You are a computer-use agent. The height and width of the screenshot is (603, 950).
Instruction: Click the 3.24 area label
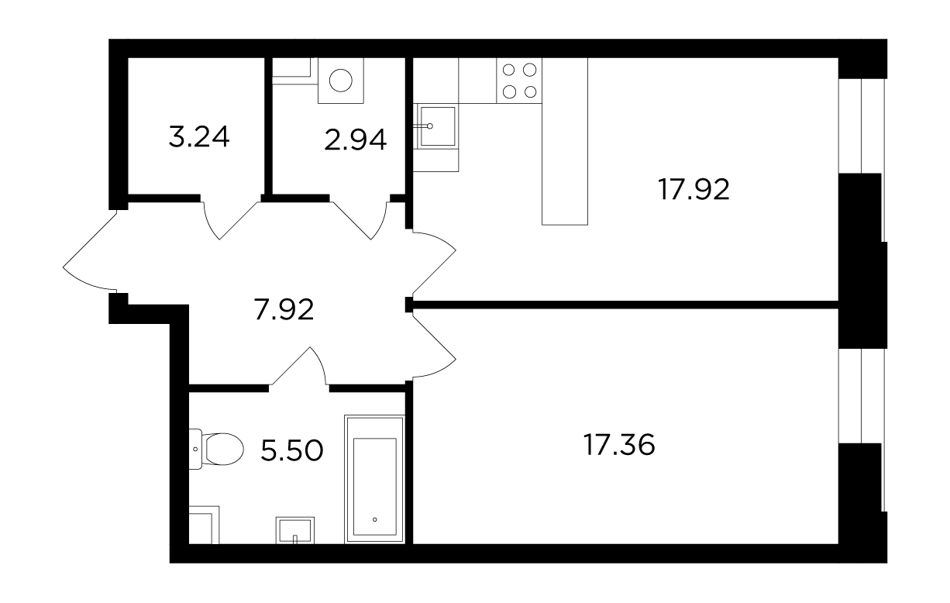tap(199, 136)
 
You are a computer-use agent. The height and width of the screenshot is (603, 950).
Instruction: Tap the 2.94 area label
tap(356, 140)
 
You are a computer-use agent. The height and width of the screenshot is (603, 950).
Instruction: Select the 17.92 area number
tap(694, 189)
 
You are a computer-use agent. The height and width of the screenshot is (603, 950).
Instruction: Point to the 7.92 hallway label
tap(284, 309)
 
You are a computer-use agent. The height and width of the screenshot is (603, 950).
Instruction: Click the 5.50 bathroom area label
tap(292, 450)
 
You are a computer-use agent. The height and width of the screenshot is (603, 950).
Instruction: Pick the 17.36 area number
tap(619, 445)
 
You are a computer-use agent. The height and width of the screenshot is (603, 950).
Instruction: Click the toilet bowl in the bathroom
tap(216, 449)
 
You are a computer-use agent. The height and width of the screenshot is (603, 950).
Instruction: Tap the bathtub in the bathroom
tap(374, 479)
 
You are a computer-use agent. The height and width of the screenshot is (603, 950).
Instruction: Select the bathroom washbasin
tap(294, 530)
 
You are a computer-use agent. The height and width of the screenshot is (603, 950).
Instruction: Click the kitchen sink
tap(437, 126)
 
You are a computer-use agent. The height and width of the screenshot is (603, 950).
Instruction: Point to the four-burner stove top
tap(519, 81)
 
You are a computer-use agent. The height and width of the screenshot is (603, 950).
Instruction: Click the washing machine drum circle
tap(340, 80)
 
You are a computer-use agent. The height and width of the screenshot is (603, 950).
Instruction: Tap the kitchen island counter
tap(564, 141)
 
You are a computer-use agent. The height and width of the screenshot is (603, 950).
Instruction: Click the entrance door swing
tap(87, 250)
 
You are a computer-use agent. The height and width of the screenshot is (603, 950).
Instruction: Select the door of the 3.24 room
tap(231, 221)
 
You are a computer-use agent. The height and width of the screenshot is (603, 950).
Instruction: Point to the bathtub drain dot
tap(374, 519)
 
